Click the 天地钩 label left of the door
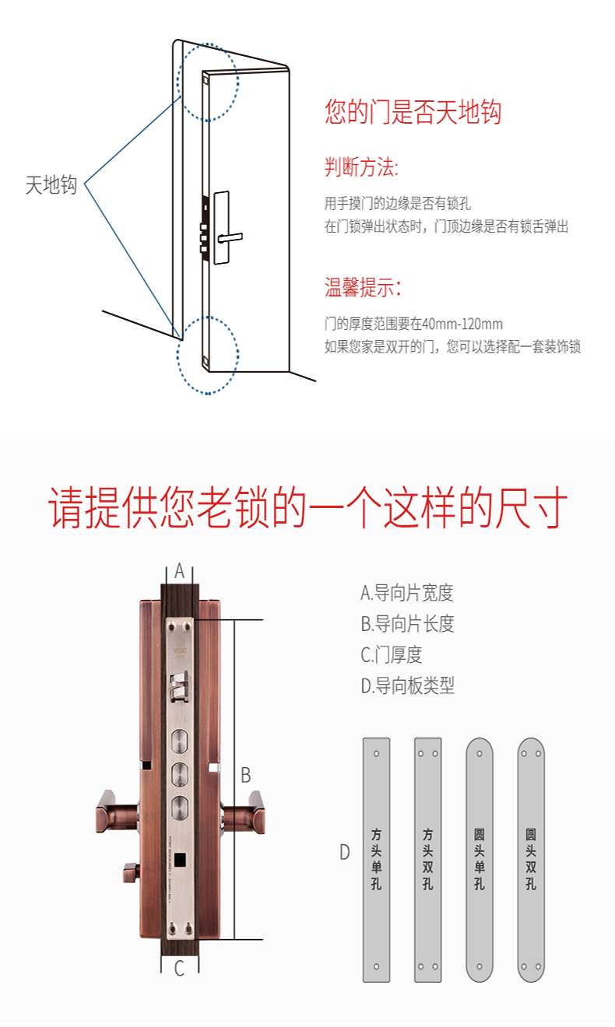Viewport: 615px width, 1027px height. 51,184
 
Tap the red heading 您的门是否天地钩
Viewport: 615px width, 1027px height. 413,112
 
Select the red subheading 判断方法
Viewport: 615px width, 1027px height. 361,166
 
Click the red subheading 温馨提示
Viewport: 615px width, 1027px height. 363,287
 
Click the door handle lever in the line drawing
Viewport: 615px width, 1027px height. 230,237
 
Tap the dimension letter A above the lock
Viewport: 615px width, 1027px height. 179,571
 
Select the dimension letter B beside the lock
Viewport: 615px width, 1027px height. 246,775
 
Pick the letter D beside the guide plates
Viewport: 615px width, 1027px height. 344,852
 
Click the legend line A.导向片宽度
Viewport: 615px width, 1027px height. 407,593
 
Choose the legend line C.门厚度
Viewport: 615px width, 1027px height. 392,655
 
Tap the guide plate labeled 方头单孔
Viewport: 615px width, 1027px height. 377,861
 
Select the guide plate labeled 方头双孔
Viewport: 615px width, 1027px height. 428,861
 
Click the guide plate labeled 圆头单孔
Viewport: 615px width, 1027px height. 480,861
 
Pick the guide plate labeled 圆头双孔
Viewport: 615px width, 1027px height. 531,861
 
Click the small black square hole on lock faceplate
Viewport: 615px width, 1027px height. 181,859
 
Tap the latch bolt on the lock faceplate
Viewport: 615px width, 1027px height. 179,687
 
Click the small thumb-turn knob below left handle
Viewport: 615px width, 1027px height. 132,872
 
